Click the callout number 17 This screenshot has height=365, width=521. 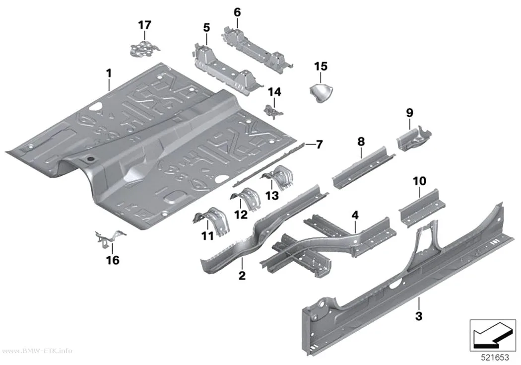144,25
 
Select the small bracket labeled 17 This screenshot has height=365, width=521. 143,48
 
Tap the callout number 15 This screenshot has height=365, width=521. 321,67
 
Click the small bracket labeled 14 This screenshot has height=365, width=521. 273,111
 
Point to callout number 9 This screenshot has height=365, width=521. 409,113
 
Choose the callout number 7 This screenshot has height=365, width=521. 319,145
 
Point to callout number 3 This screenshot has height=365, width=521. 419,316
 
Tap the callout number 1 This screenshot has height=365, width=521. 109,73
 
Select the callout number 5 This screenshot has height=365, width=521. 207,28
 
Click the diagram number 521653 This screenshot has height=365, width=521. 495,358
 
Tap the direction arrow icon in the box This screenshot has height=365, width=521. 493,335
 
